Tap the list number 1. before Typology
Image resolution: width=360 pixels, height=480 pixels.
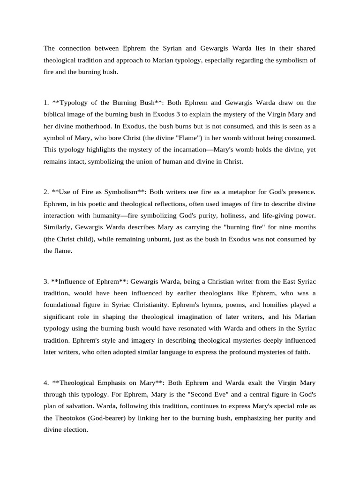pos(46,103)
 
